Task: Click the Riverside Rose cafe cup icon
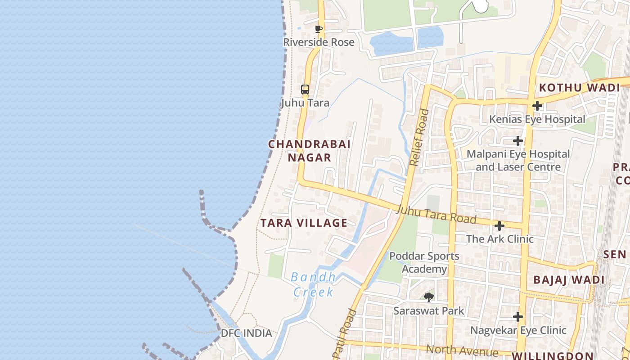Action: [x=319, y=29]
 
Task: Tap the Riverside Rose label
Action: [x=319, y=42]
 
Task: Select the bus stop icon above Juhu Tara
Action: [x=305, y=90]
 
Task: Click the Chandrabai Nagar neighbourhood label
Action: [x=310, y=151]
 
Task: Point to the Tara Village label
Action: [x=304, y=223]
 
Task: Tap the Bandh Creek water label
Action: [x=314, y=284]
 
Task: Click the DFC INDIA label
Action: [x=246, y=333]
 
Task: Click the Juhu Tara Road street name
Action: [x=436, y=214]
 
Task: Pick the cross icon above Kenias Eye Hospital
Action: [x=537, y=106]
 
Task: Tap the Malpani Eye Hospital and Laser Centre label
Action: [x=518, y=161]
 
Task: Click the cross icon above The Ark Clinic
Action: [x=499, y=225]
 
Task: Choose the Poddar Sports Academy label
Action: [x=424, y=263]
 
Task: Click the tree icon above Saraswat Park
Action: [x=429, y=297]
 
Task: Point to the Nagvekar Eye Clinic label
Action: [x=518, y=330]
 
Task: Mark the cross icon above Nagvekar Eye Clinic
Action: [x=518, y=317]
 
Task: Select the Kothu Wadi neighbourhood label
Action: [x=580, y=88]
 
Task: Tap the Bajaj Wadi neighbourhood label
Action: [x=569, y=280]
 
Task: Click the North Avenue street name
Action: [x=462, y=350]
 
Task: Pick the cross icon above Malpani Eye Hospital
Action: [x=518, y=141]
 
